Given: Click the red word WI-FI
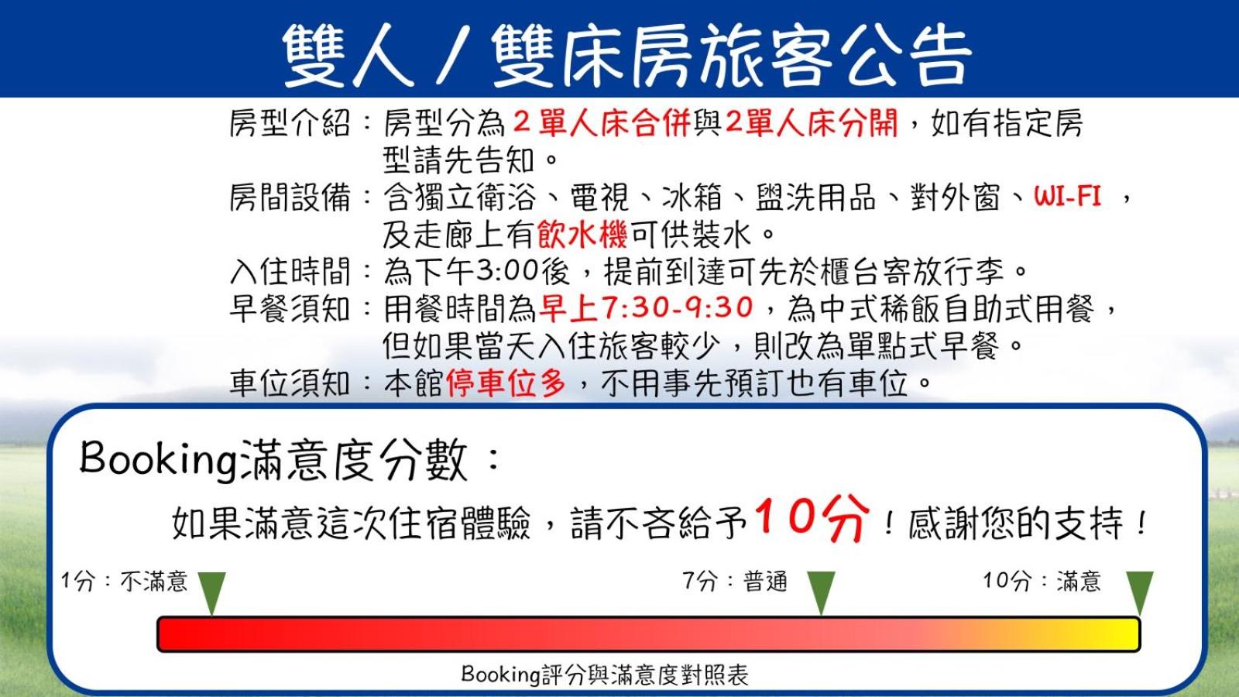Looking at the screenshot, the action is (x=1068, y=197).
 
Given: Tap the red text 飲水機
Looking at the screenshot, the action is (x=582, y=234).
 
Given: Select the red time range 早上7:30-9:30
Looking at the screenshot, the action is (x=646, y=308).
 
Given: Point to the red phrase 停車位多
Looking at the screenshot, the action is (x=506, y=383).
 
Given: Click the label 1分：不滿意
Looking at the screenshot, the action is (x=125, y=582).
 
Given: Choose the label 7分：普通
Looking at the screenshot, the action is (x=735, y=582).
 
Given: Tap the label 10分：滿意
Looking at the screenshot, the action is (x=1042, y=582).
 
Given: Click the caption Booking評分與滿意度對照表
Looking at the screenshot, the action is (x=605, y=675).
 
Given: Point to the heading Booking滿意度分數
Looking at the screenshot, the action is (x=274, y=460).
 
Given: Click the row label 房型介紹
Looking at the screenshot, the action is (x=290, y=123).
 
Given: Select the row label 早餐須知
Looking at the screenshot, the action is (x=290, y=309).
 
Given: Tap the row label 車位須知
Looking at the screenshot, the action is (x=290, y=383).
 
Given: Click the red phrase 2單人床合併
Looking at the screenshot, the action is (x=601, y=123).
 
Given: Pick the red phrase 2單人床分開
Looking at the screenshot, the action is (x=811, y=123).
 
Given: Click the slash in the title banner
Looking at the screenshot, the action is (x=454, y=55).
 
